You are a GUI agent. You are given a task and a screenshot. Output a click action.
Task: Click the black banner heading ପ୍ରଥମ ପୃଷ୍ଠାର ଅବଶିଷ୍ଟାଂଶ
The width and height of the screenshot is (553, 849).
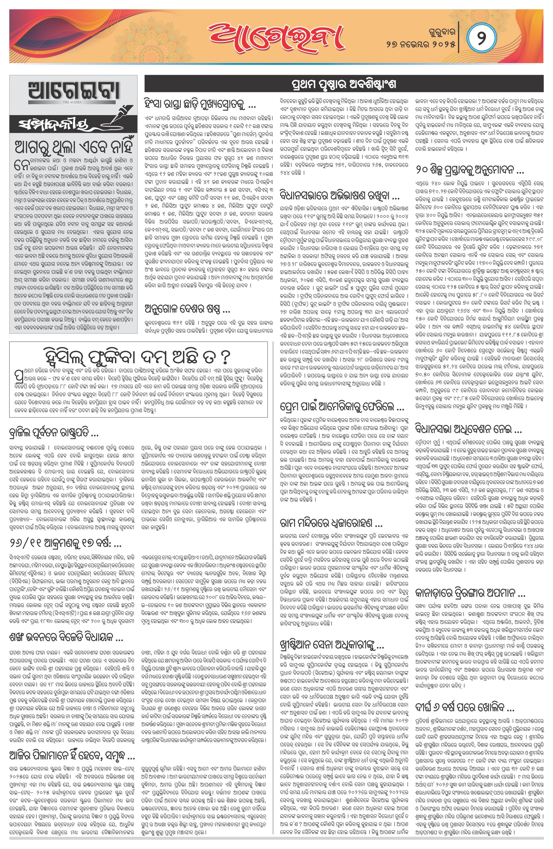click(344, 85)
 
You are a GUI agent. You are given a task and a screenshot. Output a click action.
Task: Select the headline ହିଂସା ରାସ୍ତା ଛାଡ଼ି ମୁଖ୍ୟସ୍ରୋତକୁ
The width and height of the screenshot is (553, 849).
click(200, 105)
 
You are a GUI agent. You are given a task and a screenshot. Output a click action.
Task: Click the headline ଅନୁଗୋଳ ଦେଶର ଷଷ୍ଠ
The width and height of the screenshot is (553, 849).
click(187, 308)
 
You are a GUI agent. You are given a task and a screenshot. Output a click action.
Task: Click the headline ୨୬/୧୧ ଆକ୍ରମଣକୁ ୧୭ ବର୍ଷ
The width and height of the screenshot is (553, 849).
click(65, 542)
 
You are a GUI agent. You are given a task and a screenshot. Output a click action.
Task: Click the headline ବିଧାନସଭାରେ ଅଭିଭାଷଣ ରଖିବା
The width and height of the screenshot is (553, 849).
click(339, 196)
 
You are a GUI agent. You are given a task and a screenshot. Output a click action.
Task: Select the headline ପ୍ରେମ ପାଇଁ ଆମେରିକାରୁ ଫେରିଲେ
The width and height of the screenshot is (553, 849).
click(342, 406)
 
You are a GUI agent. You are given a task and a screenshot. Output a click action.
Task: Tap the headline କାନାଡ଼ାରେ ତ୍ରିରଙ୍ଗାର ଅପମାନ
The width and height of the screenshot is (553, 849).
click(470, 593)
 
